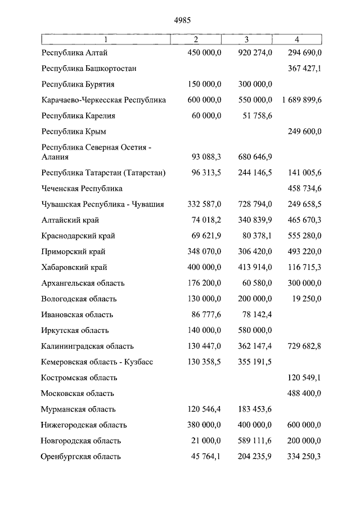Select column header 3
[246, 39]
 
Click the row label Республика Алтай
[75, 53]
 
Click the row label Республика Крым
[74, 132]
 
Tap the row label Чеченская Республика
[82, 188]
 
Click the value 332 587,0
[204, 204]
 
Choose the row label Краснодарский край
[78, 236]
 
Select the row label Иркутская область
[75, 330]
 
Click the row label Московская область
[78, 393]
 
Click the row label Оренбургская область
[81, 456]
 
